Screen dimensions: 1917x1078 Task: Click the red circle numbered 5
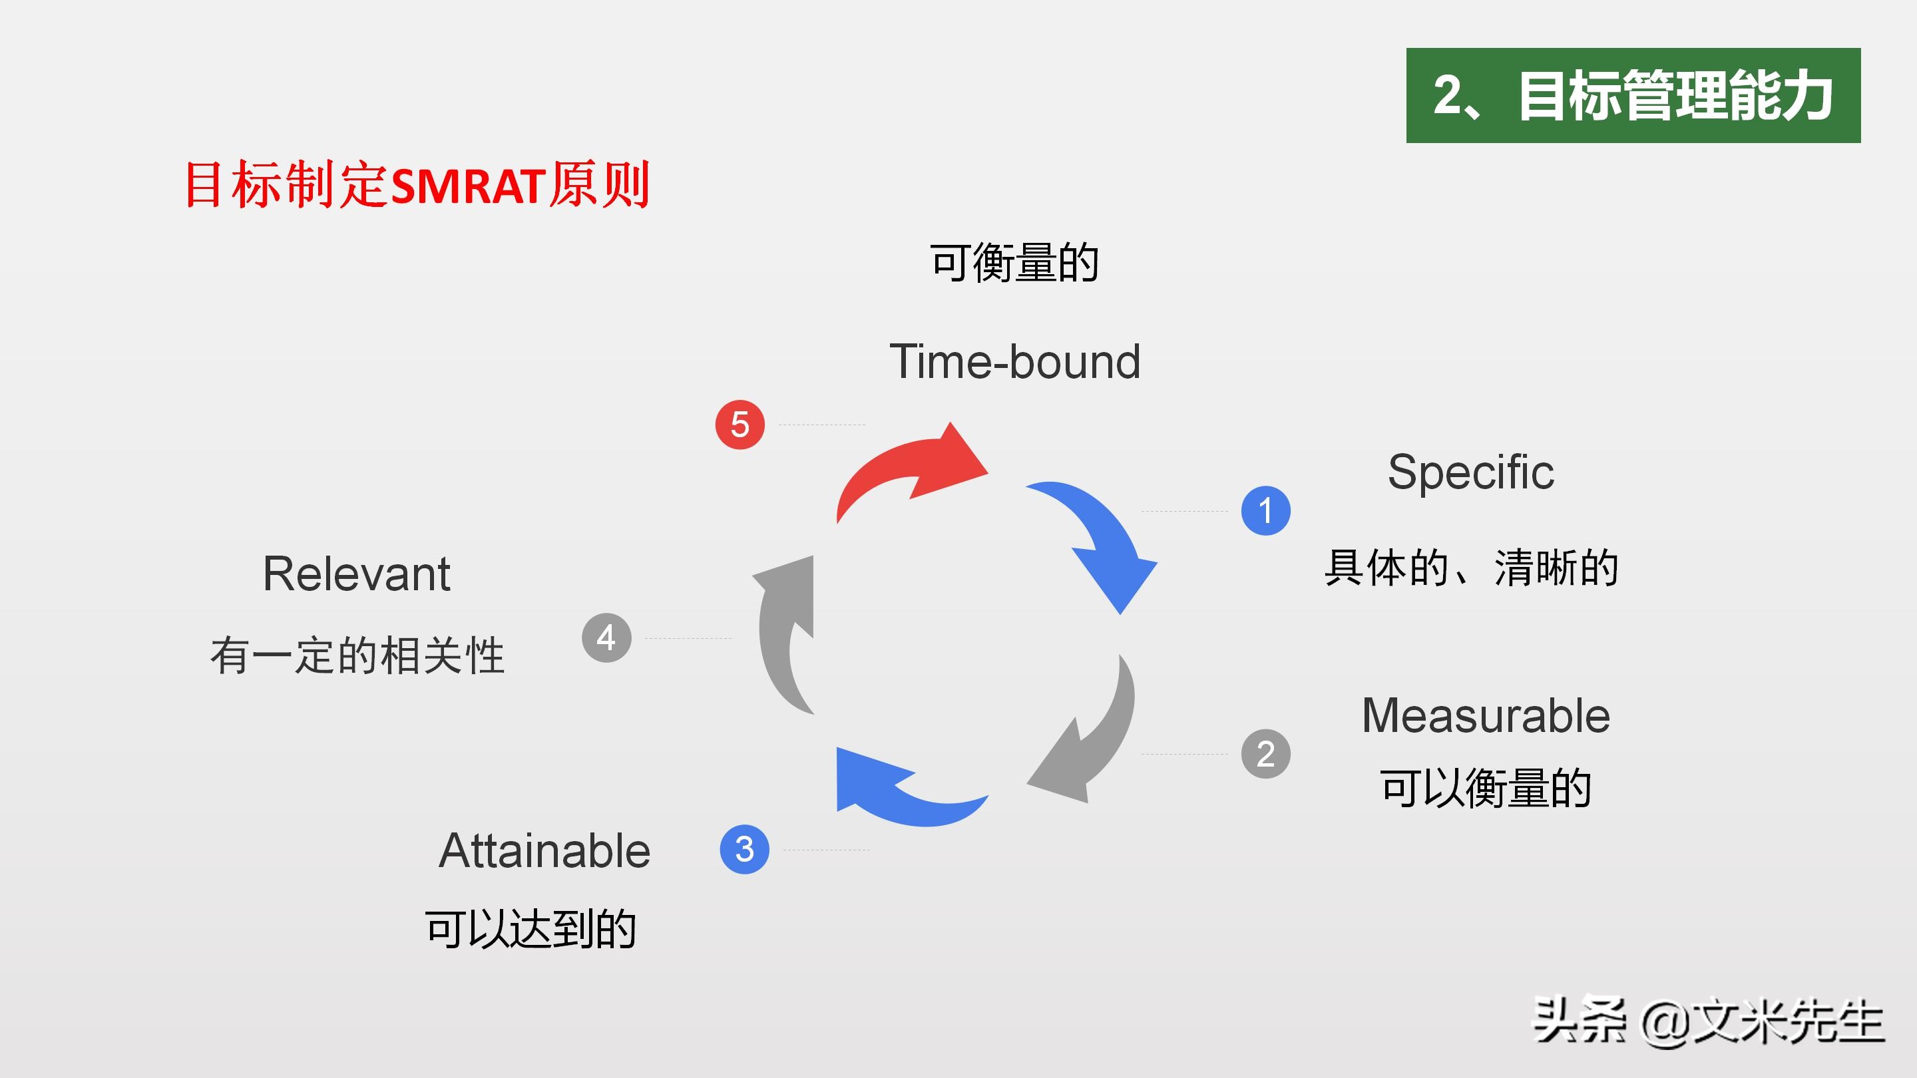click(740, 425)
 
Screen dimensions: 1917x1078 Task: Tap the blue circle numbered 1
click(1265, 510)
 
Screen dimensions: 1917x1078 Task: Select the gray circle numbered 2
click(1265, 754)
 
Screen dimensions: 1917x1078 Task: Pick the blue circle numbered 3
click(744, 849)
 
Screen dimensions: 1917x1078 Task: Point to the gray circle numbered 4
click(606, 637)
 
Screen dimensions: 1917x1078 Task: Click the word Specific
click(1470, 472)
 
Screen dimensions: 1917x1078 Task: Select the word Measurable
click(1486, 716)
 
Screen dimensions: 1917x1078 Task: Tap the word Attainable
click(544, 850)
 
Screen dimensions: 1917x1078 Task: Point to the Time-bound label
click(1015, 361)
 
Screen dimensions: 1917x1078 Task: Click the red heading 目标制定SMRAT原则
click(417, 184)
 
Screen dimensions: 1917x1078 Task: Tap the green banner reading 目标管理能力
click(1633, 95)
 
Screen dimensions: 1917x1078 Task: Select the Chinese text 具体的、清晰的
click(1471, 568)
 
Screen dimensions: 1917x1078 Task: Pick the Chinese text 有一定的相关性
click(357, 655)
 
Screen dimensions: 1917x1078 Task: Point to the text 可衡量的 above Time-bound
click(1014, 263)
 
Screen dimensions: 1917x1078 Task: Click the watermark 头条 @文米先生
click(1709, 1021)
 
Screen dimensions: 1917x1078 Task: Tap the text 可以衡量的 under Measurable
click(1486, 788)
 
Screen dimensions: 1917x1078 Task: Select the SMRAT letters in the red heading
click(468, 186)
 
